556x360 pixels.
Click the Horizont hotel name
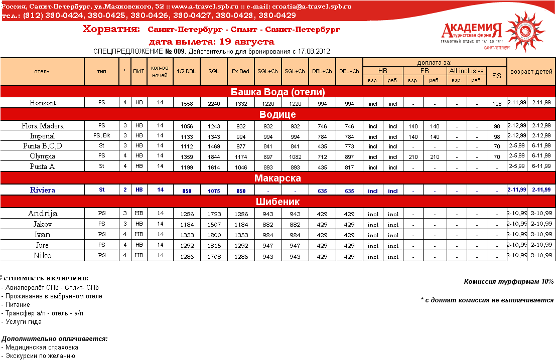[43, 103]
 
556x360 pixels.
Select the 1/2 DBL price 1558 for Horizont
[186, 104]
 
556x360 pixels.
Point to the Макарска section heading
[277, 178]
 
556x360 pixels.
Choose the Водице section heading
[277, 114]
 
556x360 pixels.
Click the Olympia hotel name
[43, 156]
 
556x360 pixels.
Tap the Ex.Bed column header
[240, 71]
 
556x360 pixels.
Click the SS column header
[497, 76]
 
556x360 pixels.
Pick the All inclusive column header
[466, 71]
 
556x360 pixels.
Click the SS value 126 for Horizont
[497, 104]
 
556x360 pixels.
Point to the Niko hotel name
[43, 256]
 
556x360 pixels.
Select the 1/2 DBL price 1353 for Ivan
[186, 236]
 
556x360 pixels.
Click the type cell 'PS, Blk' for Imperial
[102, 135]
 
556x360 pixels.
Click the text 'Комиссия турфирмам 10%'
[509, 282]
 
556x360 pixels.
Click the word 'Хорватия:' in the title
[111, 30]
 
